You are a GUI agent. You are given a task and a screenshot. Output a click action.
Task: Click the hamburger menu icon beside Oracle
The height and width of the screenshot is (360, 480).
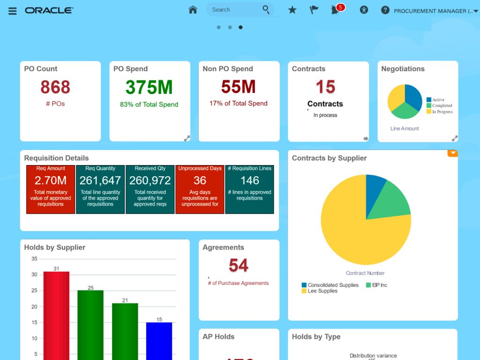point(13,11)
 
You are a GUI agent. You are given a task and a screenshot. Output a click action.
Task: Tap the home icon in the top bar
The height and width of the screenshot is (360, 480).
point(193,10)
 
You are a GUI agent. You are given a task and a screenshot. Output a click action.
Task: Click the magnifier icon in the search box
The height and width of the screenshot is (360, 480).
point(266,9)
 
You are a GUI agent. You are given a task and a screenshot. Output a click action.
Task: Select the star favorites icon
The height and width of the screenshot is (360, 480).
point(292,10)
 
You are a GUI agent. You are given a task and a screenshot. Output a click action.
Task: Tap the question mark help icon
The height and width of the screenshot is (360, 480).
point(385,10)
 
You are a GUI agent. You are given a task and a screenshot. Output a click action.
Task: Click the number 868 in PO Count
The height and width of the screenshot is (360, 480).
point(55,87)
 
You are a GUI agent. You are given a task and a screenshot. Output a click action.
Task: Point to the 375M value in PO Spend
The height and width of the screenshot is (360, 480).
point(149,88)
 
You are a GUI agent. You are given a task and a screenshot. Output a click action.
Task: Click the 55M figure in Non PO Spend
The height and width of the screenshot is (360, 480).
point(238,87)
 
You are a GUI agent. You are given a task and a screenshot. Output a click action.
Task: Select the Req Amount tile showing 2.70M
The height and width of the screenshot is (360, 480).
point(51,189)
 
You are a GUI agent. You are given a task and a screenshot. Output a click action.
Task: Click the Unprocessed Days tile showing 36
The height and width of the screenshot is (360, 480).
point(200,189)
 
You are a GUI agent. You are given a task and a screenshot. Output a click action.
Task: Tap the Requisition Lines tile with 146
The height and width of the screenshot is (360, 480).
point(249,189)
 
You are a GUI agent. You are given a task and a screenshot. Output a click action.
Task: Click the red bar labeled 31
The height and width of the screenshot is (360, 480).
point(56,314)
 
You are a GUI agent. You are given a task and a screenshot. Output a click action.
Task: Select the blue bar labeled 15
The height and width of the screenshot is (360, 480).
point(159,340)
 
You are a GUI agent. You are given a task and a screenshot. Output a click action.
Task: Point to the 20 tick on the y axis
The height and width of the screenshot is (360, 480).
point(34,307)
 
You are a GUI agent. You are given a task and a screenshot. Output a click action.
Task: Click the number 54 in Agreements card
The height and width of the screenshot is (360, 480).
point(238,266)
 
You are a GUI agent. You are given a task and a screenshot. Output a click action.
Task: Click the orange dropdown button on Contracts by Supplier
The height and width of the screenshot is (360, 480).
point(452,153)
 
